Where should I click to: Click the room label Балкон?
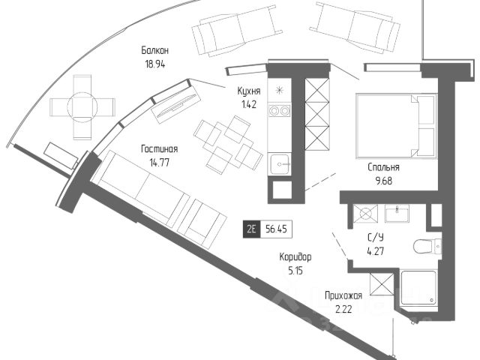(x=155, y=50)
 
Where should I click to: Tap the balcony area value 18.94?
(x=155, y=64)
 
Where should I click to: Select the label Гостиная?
(x=159, y=149)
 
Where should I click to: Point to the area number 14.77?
(x=159, y=163)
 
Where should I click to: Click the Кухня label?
(x=249, y=91)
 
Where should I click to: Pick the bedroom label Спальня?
(x=383, y=167)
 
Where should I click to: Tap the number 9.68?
(x=383, y=181)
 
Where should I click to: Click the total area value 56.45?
(x=276, y=229)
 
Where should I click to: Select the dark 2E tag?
(x=251, y=229)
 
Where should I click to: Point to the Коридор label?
(x=295, y=256)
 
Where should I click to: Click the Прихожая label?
(x=343, y=295)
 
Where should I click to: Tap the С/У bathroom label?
(x=375, y=238)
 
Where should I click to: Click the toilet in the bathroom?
(x=427, y=246)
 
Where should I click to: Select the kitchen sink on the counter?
(x=280, y=164)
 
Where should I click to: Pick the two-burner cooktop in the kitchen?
(x=279, y=110)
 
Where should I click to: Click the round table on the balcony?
(x=82, y=106)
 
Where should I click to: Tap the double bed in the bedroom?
(x=397, y=126)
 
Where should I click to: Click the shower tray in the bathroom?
(x=418, y=288)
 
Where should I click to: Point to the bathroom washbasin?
(x=397, y=213)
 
